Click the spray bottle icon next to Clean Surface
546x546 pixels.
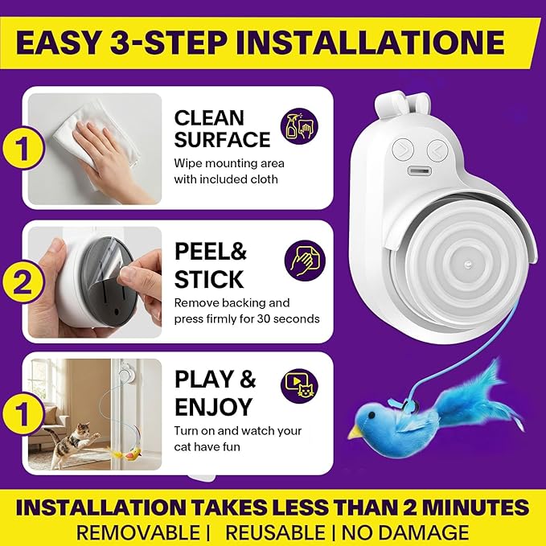click(x=299, y=126)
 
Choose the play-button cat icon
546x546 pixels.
click(x=299, y=385)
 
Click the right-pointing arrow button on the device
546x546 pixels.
click(x=403, y=150)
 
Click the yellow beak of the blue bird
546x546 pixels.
click(x=355, y=433)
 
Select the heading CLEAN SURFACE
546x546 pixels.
click(x=222, y=129)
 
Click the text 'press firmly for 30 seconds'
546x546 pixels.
click(x=247, y=318)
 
